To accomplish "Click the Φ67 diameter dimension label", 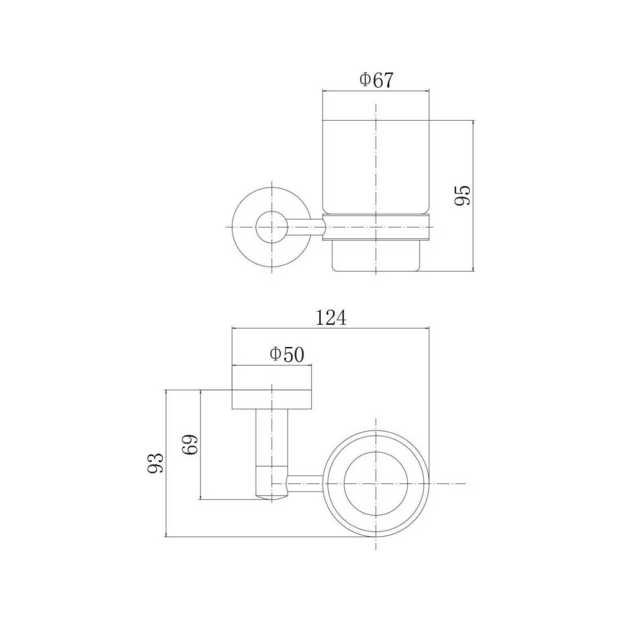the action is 376,80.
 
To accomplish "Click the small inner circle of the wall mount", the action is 272,227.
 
